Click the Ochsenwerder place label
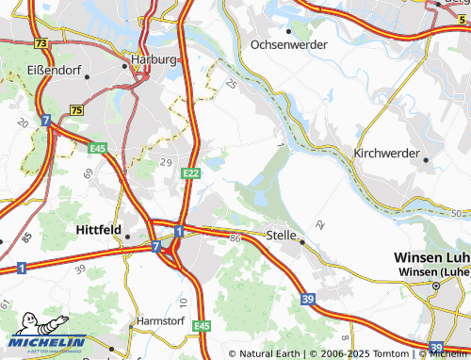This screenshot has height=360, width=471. tap(289, 44)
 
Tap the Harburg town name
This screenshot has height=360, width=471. tap(154, 58)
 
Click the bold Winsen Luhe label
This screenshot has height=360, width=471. tap(430, 258)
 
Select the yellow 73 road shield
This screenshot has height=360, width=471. tap(40, 43)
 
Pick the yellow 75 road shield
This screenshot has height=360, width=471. tap(76, 111)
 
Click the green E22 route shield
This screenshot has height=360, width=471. tap(191, 172)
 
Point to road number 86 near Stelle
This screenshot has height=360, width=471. tap(235, 240)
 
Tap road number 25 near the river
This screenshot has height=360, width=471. tap(233, 85)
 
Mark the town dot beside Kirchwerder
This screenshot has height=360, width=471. tap(426, 160)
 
